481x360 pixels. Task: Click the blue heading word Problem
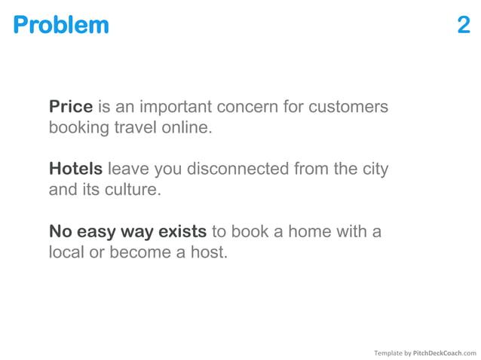(x=60, y=25)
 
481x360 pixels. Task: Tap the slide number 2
(x=464, y=25)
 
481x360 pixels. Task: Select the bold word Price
(x=71, y=107)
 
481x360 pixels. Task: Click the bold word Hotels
(x=75, y=169)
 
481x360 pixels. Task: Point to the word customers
(x=351, y=107)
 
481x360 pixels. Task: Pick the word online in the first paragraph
(x=190, y=127)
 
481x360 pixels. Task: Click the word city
(x=374, y=169)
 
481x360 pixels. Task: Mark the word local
(x=66, y=252)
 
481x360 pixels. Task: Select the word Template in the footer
(x=389, y=352)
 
